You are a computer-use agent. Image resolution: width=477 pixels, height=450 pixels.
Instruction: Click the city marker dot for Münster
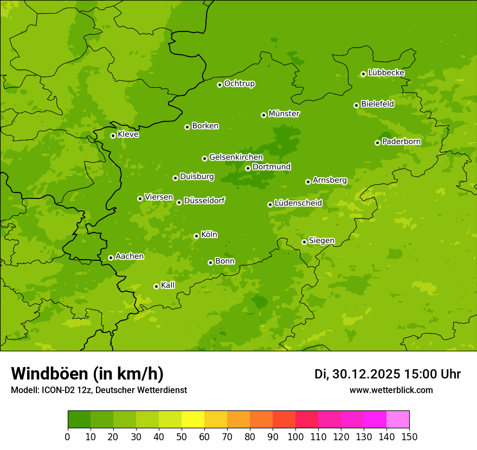click(x=264, y=115)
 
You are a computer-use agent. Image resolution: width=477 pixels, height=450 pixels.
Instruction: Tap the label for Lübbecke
click(x=386, y=73)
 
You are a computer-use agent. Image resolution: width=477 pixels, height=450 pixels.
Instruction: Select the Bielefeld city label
click(x=377, y=104)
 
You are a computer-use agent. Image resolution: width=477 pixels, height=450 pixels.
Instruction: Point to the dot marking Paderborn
click(x=377, y=143)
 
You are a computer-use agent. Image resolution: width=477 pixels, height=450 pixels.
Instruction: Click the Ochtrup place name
click(x=239, y=84)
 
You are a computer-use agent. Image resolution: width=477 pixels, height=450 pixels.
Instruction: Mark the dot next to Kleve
click(x=113, y=136)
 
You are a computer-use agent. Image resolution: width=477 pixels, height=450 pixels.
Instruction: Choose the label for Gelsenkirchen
click(x=236, y=157)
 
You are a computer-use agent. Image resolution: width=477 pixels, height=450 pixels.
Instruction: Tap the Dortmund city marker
click(x=248, y=168)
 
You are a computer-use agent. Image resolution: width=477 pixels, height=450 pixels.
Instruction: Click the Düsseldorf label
click(x=204, y=201)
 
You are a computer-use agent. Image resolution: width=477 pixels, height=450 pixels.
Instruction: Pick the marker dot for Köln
click(x=196, y=236)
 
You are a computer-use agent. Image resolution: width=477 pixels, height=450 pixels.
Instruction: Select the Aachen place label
click(x=130, y=256)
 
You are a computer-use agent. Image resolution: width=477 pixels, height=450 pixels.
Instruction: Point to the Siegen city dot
click(x=304, y=242)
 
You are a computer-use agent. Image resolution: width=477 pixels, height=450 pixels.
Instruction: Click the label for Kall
click(x=167, y=285)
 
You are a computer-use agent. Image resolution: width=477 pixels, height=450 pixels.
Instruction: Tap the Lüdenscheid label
click(x=298, y=203)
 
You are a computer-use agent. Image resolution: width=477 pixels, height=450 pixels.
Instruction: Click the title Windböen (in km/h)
click(x=87, y=374)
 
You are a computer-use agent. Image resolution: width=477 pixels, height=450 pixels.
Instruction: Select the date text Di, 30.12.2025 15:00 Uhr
click(x=388, y=374)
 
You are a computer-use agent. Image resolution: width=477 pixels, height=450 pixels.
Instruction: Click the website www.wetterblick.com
click(x=391, y=390)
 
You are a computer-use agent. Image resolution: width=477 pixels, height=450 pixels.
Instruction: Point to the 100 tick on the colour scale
click(x=295, y=436)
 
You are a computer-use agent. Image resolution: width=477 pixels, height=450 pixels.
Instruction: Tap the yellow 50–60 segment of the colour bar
click(x=193, y=420)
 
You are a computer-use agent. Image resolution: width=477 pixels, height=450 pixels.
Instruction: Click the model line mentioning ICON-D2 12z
click(x=99, y=390)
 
